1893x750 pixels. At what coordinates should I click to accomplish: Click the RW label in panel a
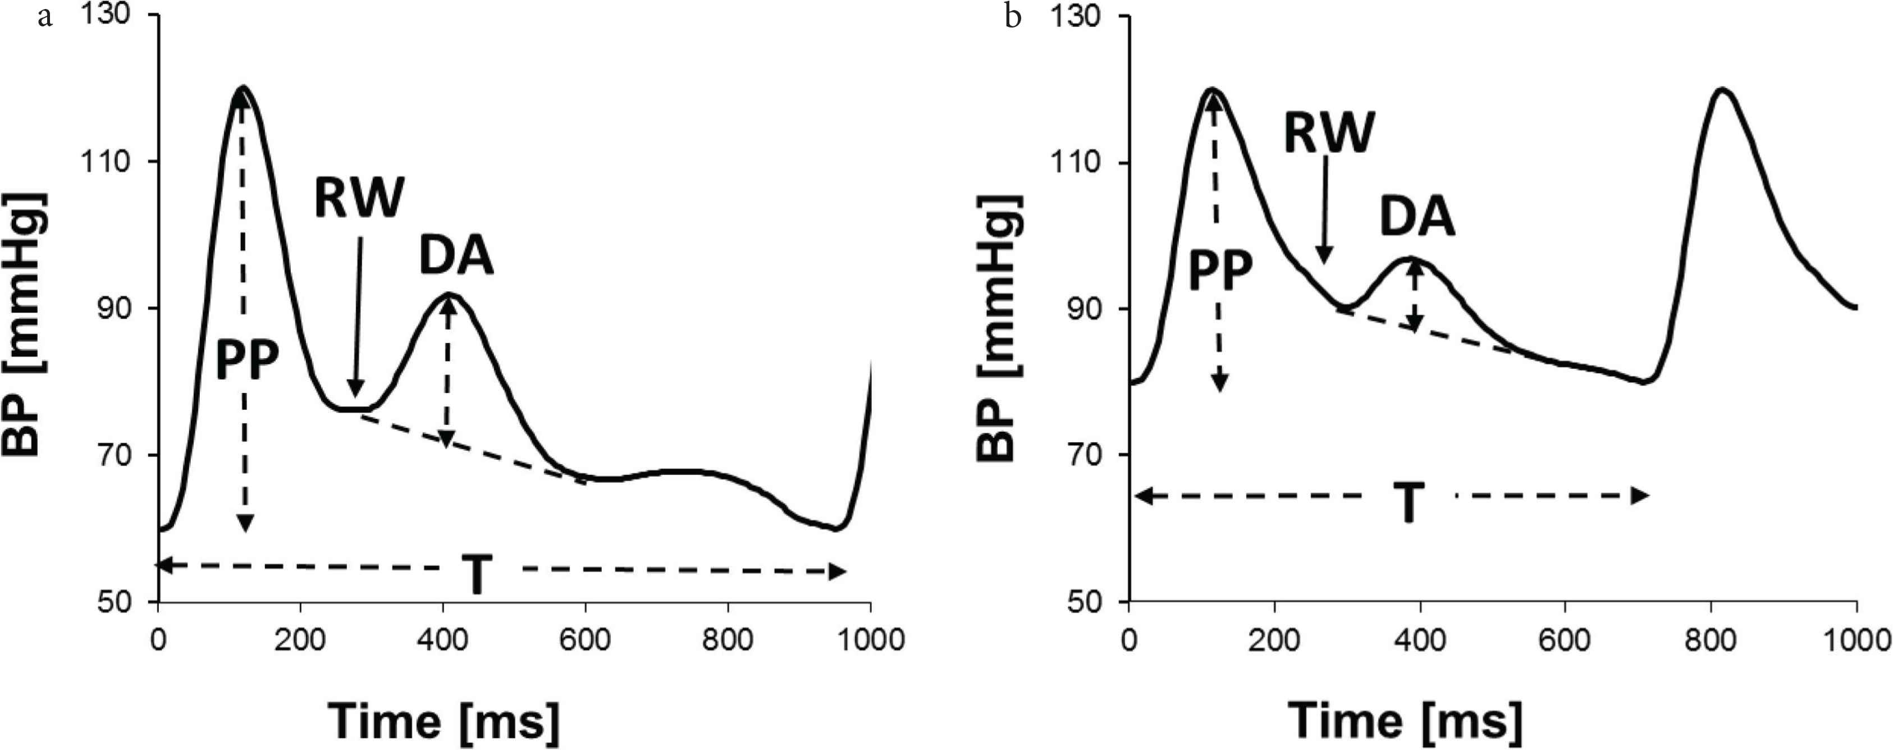[359, 199]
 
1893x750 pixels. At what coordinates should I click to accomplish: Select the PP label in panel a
[247, 362]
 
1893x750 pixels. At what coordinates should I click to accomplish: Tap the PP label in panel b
[1220, 272]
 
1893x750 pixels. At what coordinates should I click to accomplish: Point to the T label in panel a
[477, 576]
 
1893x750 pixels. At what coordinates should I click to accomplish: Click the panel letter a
[45, 16]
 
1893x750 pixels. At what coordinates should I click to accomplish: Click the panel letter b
[1013, 16]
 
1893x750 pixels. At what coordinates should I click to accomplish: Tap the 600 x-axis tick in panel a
[586, 640]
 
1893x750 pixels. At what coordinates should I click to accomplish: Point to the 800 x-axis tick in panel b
[1711, 640]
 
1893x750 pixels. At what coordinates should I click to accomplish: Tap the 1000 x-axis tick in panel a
[870, 640]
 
